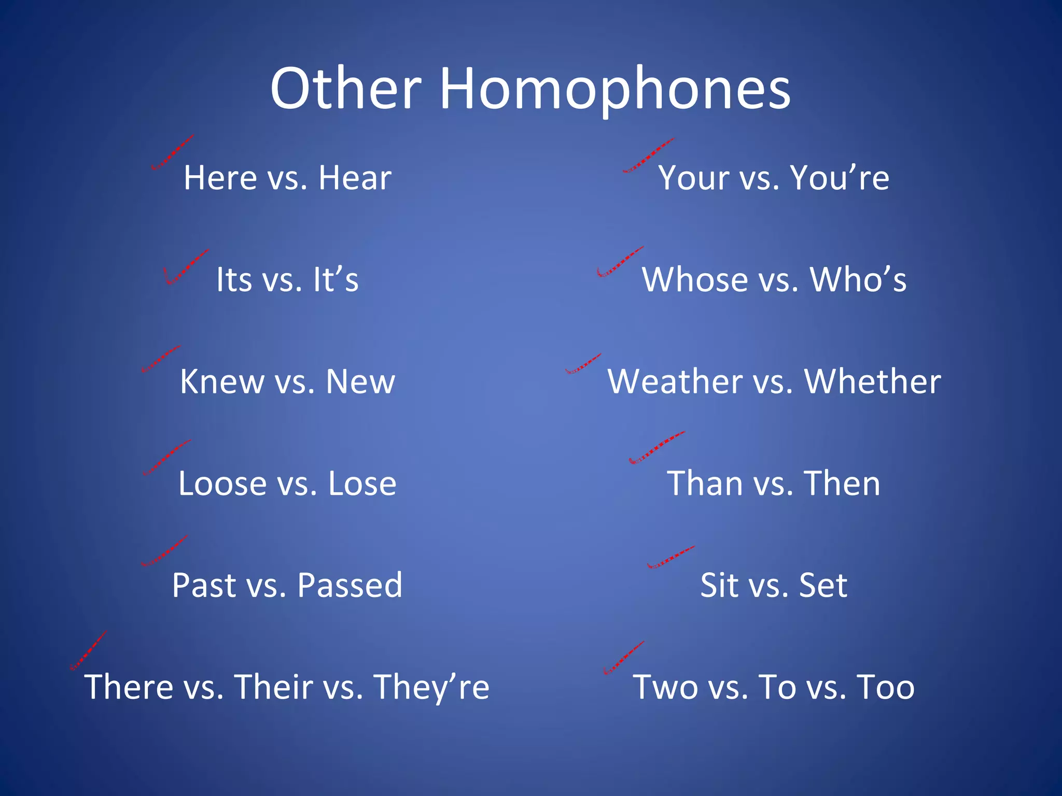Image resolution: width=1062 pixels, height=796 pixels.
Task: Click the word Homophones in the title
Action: click(x=615, y=89)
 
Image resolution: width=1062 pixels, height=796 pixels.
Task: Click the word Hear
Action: click(x=355, y=178)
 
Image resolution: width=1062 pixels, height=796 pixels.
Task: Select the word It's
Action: click(x=336, y=280)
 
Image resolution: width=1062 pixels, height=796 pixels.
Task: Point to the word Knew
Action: click(x=222, y=382)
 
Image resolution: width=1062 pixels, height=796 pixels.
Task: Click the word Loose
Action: click(x=222, y=484)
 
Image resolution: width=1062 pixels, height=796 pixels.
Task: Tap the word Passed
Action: click(x=350, y=586)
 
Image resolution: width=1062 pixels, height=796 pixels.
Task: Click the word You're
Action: click(x=840, y=178)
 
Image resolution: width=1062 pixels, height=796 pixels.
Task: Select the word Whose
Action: click(x=695, y=280)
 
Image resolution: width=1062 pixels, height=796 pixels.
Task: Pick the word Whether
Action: click(x=872, y=382)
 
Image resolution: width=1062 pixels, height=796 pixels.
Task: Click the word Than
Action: click(x=704, y=484)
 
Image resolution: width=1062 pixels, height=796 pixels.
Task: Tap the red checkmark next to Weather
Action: click(x=583, y=364)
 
